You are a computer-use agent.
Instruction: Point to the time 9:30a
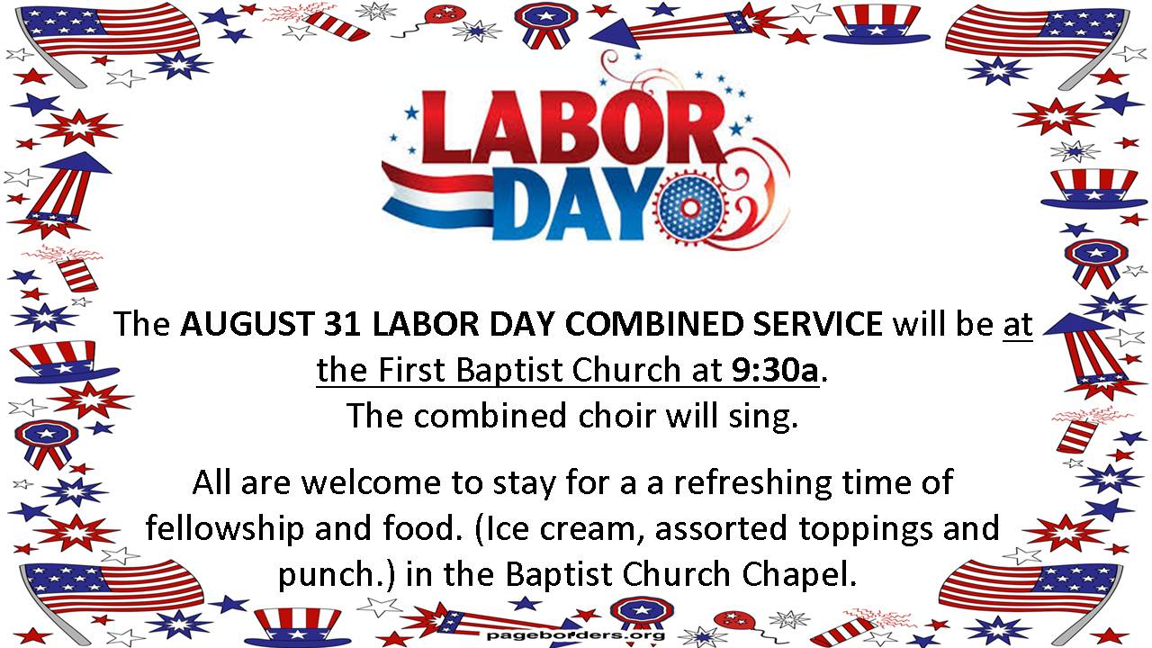(775, 370)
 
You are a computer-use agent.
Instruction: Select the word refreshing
(752, 484)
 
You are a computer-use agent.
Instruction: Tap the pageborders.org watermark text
(576, 635)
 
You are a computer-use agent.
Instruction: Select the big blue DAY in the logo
(576, 203)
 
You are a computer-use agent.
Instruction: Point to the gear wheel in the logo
(689, 208)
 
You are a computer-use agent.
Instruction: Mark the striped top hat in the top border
(877, 23)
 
